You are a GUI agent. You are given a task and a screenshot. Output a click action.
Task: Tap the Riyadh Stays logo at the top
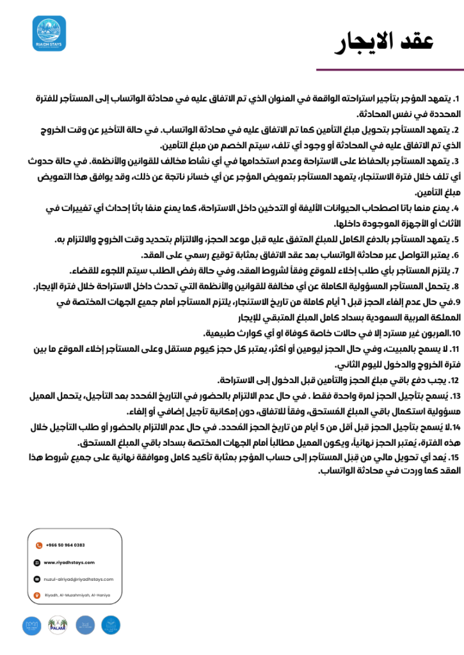[x=49, y=33]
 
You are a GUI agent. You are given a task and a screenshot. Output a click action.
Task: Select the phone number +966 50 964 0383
[x=65, y=545]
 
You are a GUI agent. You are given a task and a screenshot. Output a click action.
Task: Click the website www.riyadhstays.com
[x=69, y=562]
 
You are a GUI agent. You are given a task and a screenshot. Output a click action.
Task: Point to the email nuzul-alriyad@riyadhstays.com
[x=78, y=579]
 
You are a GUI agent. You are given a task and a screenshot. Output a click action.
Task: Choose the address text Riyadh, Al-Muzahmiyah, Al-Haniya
[x=77, y=596]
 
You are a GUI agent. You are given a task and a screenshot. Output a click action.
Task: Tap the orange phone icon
[x=37, y=545]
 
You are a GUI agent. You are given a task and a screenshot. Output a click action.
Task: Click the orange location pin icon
[x=37, y=596]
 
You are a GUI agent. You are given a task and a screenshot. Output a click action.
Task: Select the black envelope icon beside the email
[x=37, y=579]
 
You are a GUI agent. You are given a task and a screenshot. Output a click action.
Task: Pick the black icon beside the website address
[x=37, y=562]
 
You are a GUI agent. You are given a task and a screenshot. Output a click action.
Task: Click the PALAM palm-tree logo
[x=58, y=625]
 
